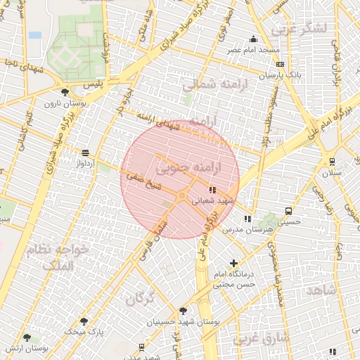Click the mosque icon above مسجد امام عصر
click(253, 39)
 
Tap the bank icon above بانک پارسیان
click(280, 64)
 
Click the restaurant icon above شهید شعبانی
click(212, 190)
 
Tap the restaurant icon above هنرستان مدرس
click(247, 219)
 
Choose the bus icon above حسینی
click(288, 211)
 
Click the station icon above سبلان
click(332, 162)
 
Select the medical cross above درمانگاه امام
click(233, 263)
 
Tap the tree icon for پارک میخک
click(84, 321)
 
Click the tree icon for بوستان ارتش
click(27, 338)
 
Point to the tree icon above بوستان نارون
click(65, 92)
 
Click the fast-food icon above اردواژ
click(85, 153)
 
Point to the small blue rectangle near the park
click(35, 34)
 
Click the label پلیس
click(93, 84)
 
